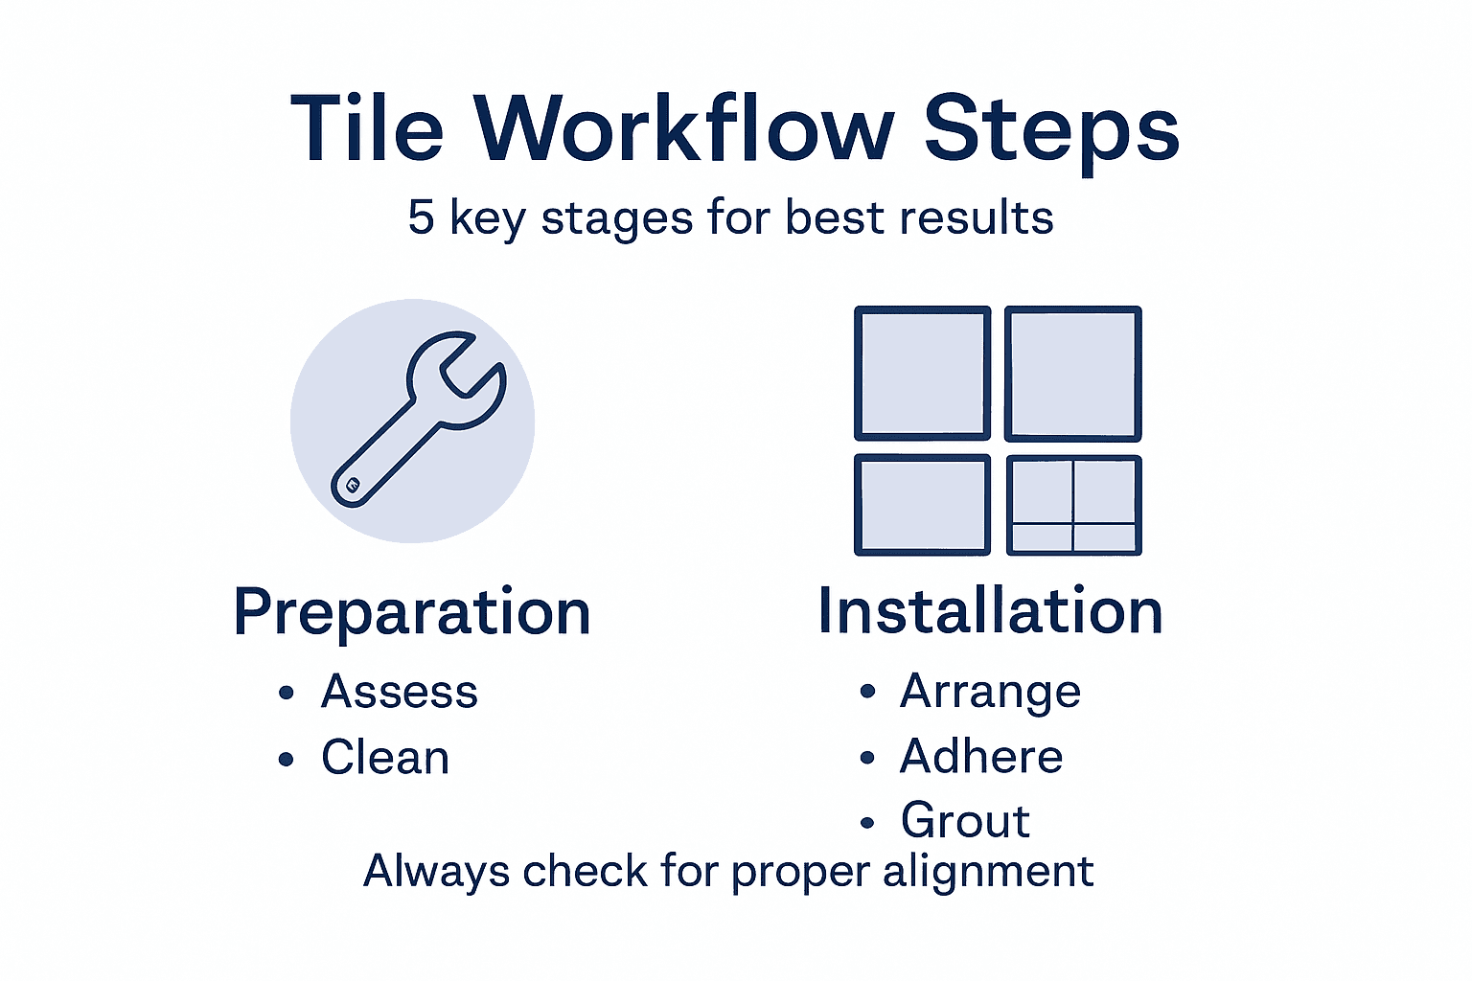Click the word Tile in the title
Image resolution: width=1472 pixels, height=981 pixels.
coord(367,129)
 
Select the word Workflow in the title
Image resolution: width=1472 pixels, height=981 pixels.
coord(684,129)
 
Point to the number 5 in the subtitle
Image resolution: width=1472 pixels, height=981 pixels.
coord(421,217)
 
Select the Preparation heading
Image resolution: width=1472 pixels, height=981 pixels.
coord(412,613)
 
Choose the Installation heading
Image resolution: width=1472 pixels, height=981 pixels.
coord(990,611)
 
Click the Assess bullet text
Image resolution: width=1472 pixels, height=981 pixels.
coord(400,692)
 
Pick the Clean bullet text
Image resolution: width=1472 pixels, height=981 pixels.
coord(385,758)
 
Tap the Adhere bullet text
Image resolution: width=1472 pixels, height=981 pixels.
coord(981,757)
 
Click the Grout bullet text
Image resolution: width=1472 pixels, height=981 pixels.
coord(965,821)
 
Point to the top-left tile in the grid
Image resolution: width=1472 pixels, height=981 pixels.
coord(922,373)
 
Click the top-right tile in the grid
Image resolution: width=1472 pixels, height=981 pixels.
coord(1072,373)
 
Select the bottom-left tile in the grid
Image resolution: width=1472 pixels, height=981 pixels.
coord(922,505)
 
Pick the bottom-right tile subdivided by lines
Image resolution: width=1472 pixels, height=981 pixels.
coord(1073,505)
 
